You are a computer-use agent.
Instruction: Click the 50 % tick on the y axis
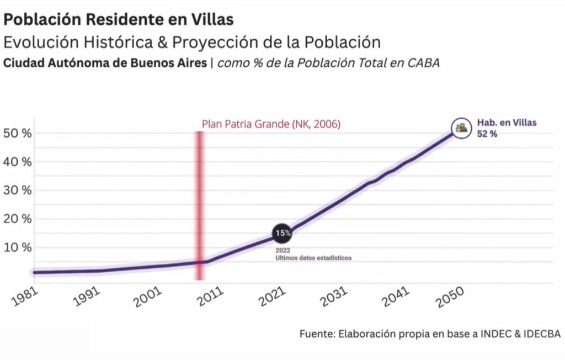point(18,134)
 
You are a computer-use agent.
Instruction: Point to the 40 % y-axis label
point(18,162)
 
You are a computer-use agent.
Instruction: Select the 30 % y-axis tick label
point(18,190)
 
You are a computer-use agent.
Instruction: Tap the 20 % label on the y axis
point(18,219)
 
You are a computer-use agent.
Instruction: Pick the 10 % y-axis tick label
point(18,247)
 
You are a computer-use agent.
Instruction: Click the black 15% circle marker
point(283,233)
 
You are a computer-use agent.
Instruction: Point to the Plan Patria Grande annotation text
point(271,124)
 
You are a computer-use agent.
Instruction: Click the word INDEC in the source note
point(494,334)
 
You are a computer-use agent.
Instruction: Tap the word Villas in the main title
point(215,19)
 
